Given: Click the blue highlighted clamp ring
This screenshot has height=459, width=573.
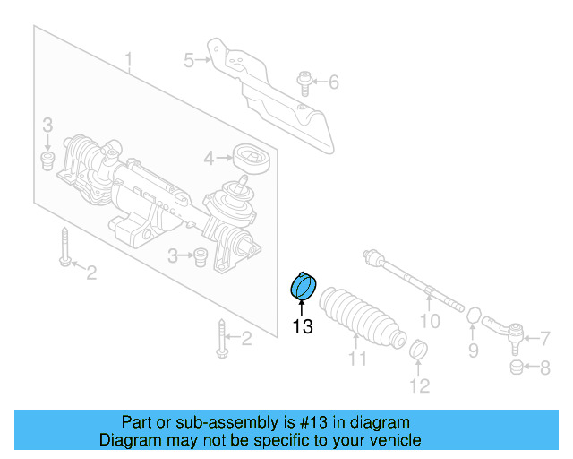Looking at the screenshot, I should pyautogui.click(x=304, y=286).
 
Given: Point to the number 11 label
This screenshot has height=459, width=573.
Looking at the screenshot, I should pyautogui.click(x=358, y=359).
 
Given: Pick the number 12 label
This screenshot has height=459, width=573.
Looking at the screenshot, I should pyautogui.click(x=419, y=386).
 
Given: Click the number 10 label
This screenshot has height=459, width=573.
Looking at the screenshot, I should pyautogui.click(x=431, y=321).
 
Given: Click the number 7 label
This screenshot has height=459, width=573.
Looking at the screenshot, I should pyautogui.click(x=544, y=338).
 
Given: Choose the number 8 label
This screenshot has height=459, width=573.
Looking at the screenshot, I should pyautogui.click(x=544, y=367).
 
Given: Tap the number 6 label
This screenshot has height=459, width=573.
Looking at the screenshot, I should pyautogui.click(x=333, y=83).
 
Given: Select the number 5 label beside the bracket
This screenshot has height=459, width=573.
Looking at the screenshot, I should pyautogui.click(x=189, y=61).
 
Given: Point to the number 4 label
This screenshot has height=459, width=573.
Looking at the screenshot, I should pyautogui.click(x=209, y=159).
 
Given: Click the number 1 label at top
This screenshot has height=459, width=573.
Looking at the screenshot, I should pyautogui.click(x=129, y=61).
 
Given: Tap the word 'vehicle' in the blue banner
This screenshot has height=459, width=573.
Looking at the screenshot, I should pyautogui.click(x=394, y=440).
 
